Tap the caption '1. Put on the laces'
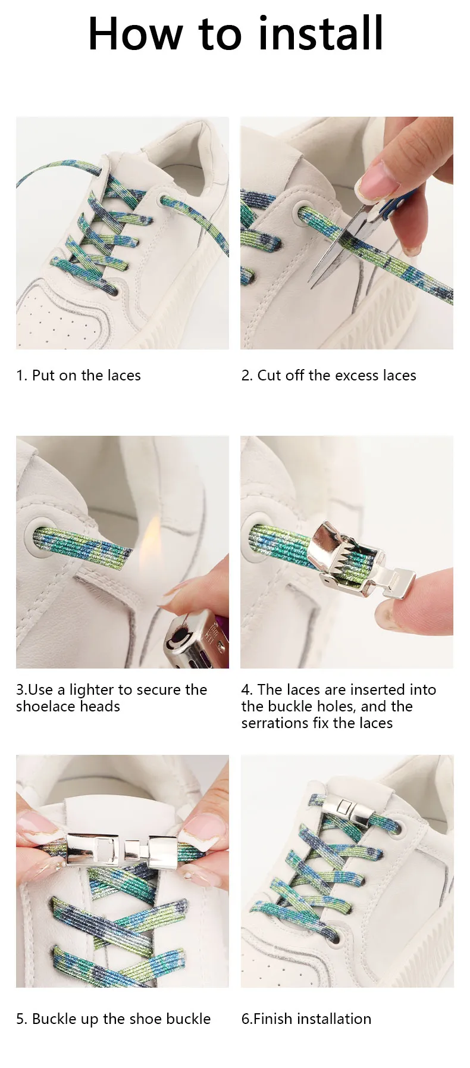pyautogui.click(x=79, y=376)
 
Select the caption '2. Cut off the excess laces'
pyautogui.click(x=329, y=376)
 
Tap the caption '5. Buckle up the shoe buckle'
pyautogui.click(x=114, y=1019)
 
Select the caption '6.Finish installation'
pyautogui.click(x=306, y=1019)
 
